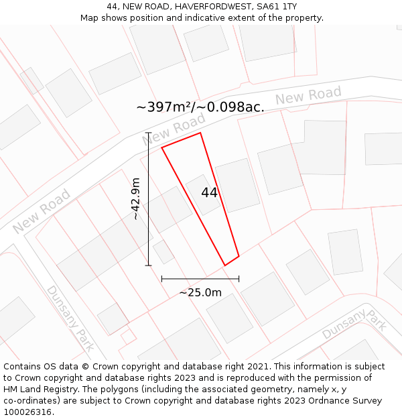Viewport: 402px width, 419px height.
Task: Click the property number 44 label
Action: point(209,192)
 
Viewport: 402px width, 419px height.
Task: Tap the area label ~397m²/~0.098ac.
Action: point(200,107)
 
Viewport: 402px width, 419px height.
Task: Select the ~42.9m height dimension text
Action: point(135,198)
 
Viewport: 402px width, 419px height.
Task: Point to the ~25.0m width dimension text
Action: point(200,292)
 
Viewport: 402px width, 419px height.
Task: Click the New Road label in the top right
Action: point(308,96)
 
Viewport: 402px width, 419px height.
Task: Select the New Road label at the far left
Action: point(42,212)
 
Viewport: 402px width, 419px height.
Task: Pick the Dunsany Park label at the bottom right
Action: point(354,324)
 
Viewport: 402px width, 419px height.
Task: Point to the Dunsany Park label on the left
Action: point(70,318)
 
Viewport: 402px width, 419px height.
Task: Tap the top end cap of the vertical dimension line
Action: point(148,133)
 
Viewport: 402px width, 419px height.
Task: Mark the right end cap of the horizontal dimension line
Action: point(239,278)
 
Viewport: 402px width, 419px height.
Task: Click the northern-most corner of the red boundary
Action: point(200,133)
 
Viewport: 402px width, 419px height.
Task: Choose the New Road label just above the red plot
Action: point(174,129)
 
